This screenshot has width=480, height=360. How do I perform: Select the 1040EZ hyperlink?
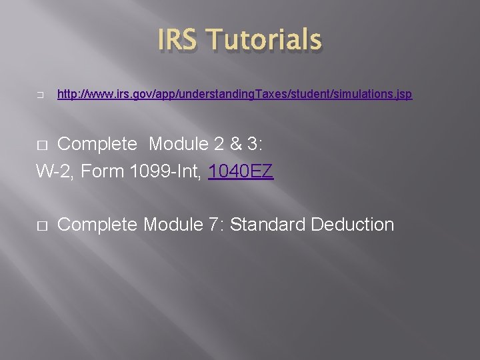[241, 172]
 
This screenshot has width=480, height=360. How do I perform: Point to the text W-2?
[53, 172]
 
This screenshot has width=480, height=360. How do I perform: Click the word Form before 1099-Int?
[102, 172]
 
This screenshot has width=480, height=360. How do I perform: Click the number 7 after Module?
[213, 225]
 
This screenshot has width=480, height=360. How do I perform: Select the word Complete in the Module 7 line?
[97, 225]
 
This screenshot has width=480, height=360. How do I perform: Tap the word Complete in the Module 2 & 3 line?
[97, 144]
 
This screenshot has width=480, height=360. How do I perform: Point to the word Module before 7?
[171, 225]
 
